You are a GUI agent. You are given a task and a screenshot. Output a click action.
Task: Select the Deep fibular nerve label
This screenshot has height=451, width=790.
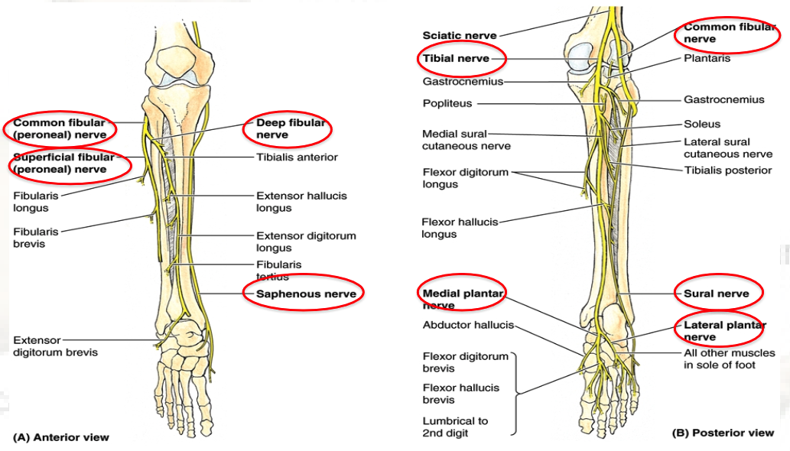290,128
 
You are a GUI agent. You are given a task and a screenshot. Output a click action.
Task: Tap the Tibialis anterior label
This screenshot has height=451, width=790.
297,157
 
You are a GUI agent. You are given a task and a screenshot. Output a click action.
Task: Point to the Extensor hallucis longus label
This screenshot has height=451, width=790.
301,202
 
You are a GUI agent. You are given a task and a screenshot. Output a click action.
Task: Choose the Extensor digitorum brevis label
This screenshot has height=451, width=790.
55,346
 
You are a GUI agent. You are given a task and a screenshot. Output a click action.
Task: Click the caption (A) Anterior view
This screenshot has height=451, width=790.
61,438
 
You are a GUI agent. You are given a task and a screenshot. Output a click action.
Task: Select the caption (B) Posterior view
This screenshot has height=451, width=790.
722,433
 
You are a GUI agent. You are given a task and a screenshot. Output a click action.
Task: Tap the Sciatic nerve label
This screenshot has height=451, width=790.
459,35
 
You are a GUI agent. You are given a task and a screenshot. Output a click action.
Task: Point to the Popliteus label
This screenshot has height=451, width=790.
447,103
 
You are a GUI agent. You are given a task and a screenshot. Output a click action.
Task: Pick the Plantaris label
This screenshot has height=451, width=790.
707,58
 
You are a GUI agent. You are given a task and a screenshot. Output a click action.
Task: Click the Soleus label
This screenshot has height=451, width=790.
701,124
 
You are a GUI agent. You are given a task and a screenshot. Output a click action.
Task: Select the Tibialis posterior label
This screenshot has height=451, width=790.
727,170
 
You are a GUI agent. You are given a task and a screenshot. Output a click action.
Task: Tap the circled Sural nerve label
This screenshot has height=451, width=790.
716,294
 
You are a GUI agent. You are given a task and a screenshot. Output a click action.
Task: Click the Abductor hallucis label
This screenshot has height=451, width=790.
468,325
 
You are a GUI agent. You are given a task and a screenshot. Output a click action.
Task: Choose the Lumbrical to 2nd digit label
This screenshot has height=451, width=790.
455,427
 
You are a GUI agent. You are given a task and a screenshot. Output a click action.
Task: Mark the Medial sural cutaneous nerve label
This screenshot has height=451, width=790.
466,140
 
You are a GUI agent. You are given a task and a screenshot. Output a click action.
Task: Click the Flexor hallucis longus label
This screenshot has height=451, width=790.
459,228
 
